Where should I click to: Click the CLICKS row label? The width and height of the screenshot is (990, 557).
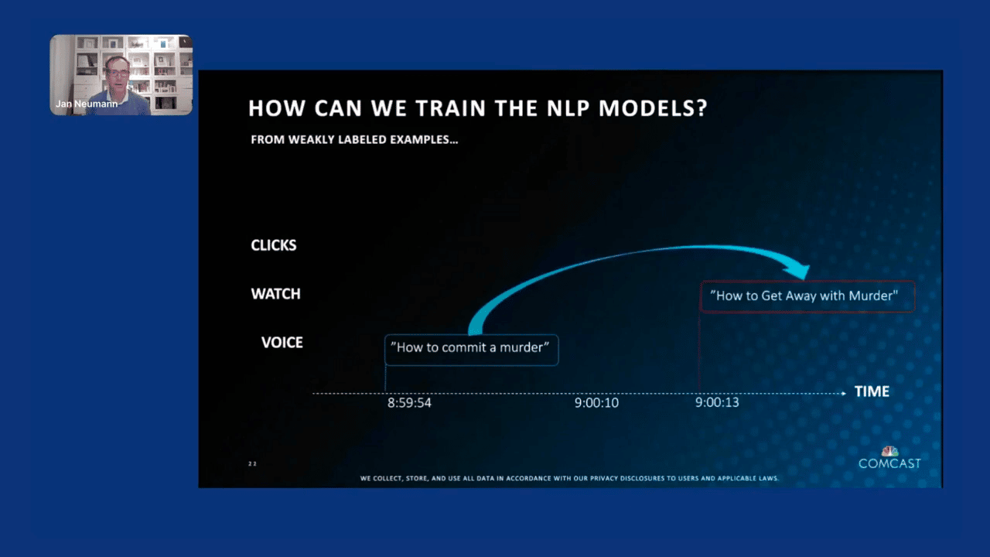pos(273,245)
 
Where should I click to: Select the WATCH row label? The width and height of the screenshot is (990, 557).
pos(275,294)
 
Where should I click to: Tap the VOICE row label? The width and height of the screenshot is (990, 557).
pos(282,343)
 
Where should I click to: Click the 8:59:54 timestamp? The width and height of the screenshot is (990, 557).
pos(409,403)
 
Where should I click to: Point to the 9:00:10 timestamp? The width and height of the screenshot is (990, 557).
pos(596,403)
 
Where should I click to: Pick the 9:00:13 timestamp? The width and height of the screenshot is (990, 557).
pos(717,403)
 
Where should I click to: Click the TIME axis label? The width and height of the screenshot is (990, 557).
pos(872,391)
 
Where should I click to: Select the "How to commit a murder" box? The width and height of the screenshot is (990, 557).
pos(471,349)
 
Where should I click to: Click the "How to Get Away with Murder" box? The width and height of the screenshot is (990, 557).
pos(807,296)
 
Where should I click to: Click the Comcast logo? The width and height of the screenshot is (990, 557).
pos(889,458)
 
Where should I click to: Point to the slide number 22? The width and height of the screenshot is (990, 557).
pos(252,463)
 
